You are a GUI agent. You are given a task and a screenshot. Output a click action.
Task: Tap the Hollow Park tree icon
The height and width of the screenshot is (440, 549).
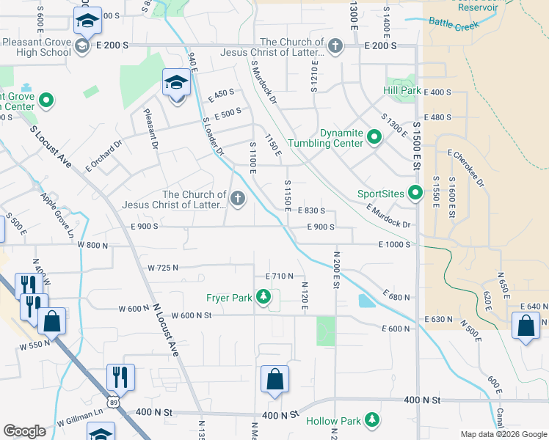373,420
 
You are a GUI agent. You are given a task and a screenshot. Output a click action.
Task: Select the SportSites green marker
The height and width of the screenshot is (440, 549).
415,194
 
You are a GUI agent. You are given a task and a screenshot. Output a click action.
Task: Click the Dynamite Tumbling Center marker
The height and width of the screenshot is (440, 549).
374,137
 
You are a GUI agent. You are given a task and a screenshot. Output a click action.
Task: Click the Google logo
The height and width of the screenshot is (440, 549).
25,430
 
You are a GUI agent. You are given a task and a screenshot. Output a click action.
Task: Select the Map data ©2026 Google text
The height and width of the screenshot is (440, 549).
503,434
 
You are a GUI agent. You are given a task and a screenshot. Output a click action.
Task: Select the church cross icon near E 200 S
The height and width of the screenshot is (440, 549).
335,47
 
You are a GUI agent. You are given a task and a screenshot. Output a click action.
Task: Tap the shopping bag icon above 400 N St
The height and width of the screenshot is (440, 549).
274,380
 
